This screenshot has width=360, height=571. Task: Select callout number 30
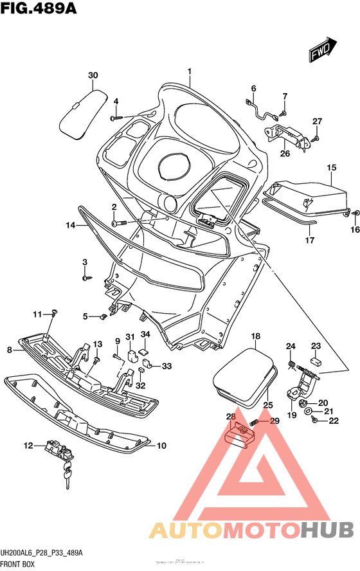93,76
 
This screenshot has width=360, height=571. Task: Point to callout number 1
190,71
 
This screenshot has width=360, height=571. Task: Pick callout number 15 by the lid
331,168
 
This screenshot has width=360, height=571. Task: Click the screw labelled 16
355,212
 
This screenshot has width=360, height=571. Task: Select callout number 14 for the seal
70,225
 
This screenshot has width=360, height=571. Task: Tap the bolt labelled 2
116,222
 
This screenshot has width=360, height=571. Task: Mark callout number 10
161,445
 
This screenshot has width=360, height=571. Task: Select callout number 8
10,350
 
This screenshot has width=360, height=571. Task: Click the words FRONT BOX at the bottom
19,564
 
